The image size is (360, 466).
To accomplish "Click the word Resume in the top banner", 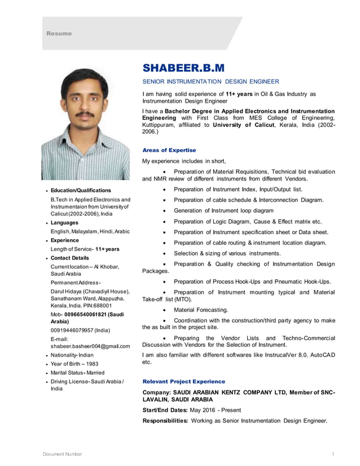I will [59, 33].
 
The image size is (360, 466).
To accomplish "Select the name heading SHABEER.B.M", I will [183, 68].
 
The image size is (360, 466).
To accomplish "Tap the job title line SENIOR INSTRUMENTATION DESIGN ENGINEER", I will [210, 82].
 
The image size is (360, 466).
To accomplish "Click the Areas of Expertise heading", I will [169, 150].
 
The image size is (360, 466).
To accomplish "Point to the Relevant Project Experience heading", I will [183, 381].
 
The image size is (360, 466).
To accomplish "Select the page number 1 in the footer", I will [333, 454].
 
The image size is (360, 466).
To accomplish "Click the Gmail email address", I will [90, 346].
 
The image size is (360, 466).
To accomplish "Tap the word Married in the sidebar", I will [95, 373].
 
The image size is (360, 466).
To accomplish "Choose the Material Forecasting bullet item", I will [201, 310].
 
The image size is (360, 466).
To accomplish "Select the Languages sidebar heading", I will [65, 223].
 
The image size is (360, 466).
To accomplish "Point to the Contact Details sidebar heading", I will [70, 258].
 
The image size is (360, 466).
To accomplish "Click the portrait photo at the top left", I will [85, 124].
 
